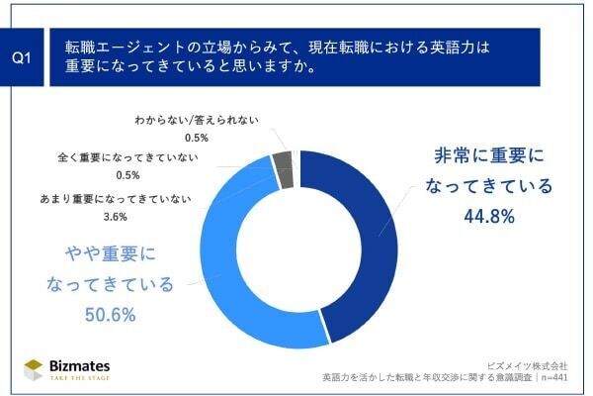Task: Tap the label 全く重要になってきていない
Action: click(137, 157)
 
